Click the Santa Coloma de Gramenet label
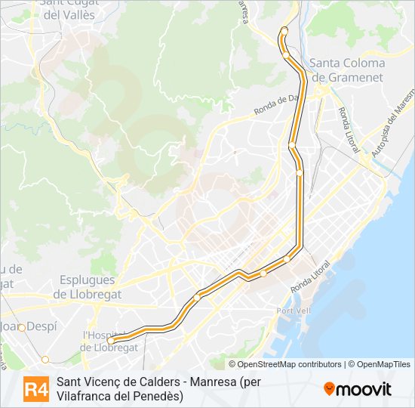pos(346,70)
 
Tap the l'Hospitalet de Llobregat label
pos(109,341)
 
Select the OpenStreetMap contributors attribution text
pos(290,364)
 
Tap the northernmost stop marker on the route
pos(284,31)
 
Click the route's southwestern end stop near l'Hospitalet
pos(111,340)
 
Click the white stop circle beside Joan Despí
pos(23,327)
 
